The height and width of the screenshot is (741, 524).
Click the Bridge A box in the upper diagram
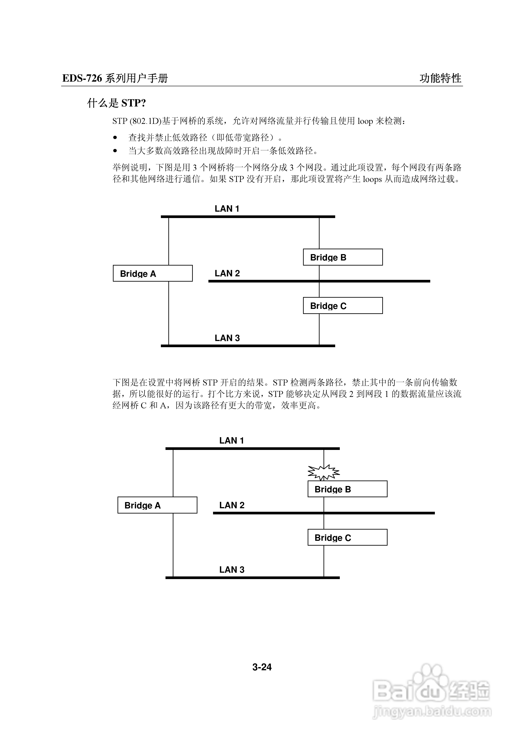point(153,273)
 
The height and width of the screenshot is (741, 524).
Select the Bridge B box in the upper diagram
point(343,257)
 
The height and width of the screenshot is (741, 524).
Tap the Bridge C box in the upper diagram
point(343,306)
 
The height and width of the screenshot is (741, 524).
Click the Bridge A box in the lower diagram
point(157,505)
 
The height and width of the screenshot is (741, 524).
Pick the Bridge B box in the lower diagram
point(347,489)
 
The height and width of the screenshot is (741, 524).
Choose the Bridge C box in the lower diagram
point(347,537)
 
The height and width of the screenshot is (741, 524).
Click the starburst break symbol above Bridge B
point(324,473)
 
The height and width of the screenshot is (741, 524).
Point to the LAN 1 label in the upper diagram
point(227,209)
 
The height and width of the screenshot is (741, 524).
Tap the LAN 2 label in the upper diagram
point(227,273)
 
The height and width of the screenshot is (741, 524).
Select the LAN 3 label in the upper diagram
point(227,338)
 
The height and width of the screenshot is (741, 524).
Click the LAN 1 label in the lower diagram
point(232,440)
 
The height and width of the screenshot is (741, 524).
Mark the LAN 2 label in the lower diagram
point(232,505)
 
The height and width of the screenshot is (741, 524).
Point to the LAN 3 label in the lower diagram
point(232,570)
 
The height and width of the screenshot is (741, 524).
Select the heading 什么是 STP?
point(117,103)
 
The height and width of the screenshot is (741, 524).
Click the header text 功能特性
point(440,78)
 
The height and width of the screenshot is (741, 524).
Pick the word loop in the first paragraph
point(365,121)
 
